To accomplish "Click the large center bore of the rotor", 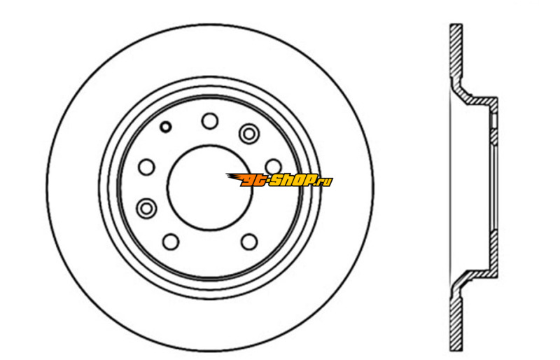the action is coord(209,187).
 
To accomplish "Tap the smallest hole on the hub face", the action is coord(165,127).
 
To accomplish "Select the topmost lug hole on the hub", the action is coord(209,121).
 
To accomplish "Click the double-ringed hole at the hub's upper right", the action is coord(249,133).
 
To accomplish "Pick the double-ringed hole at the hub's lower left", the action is coord(146,208).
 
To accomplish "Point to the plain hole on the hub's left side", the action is coord(146,167).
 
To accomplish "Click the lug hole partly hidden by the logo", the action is coord(273,167).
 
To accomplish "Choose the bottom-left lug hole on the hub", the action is coord(171,242).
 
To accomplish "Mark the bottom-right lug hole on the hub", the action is coord(249,242).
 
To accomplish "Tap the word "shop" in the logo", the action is coord(293,181).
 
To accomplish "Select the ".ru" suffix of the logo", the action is coord(324,182).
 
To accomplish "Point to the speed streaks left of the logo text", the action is coord(234,178).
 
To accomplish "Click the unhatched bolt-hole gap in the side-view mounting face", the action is coord(494,122).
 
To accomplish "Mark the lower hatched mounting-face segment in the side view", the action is coord(494,249).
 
